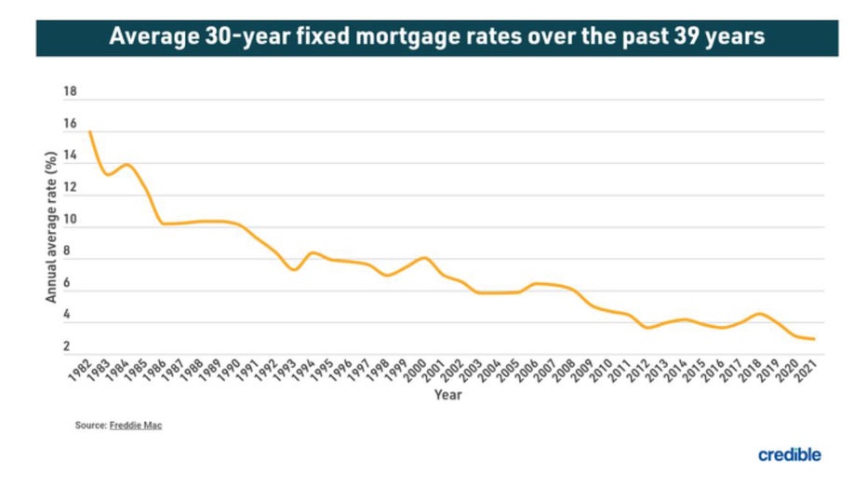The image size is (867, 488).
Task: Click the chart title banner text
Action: tap(436, 38)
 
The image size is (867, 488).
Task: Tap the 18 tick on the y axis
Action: tap(70, 92)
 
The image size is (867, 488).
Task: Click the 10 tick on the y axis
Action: tap(70, 220)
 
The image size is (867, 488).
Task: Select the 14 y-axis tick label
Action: tap(70, 156)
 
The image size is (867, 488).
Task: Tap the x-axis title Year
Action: tap(447, 394)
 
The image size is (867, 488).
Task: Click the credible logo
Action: tap(790, 454)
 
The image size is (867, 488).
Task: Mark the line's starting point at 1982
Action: tap(90, 132)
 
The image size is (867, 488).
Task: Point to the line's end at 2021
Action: tap(815, 339)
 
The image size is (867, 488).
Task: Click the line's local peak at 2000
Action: tap(424, 257)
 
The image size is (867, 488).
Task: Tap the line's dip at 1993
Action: tap(294, 270)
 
